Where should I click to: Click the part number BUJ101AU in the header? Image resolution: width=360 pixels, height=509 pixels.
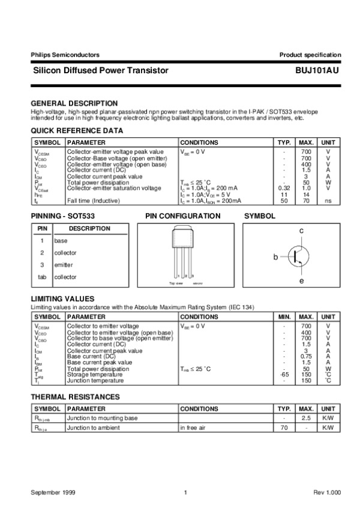(317, 70)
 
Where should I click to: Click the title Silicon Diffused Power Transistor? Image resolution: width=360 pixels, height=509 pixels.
(100, 70)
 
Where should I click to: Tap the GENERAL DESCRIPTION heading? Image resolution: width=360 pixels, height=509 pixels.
(74, 103)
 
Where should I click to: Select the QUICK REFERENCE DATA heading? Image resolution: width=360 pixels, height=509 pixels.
(77, 130)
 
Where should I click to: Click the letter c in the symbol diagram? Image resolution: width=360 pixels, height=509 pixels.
(301, 230)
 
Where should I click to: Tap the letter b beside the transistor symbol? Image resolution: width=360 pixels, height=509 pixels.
(276, 257)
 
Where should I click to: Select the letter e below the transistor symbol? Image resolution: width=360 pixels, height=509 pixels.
(301, 281)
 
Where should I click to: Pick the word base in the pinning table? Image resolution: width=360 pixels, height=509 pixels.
(61, 241)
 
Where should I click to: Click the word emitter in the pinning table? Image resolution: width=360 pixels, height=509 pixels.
(64, 265)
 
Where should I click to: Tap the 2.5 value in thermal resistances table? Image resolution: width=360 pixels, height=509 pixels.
(306, 417)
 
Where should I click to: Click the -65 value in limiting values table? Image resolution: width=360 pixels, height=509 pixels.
(284, 375)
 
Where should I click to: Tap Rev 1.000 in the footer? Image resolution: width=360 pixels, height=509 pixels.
(326, 492)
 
